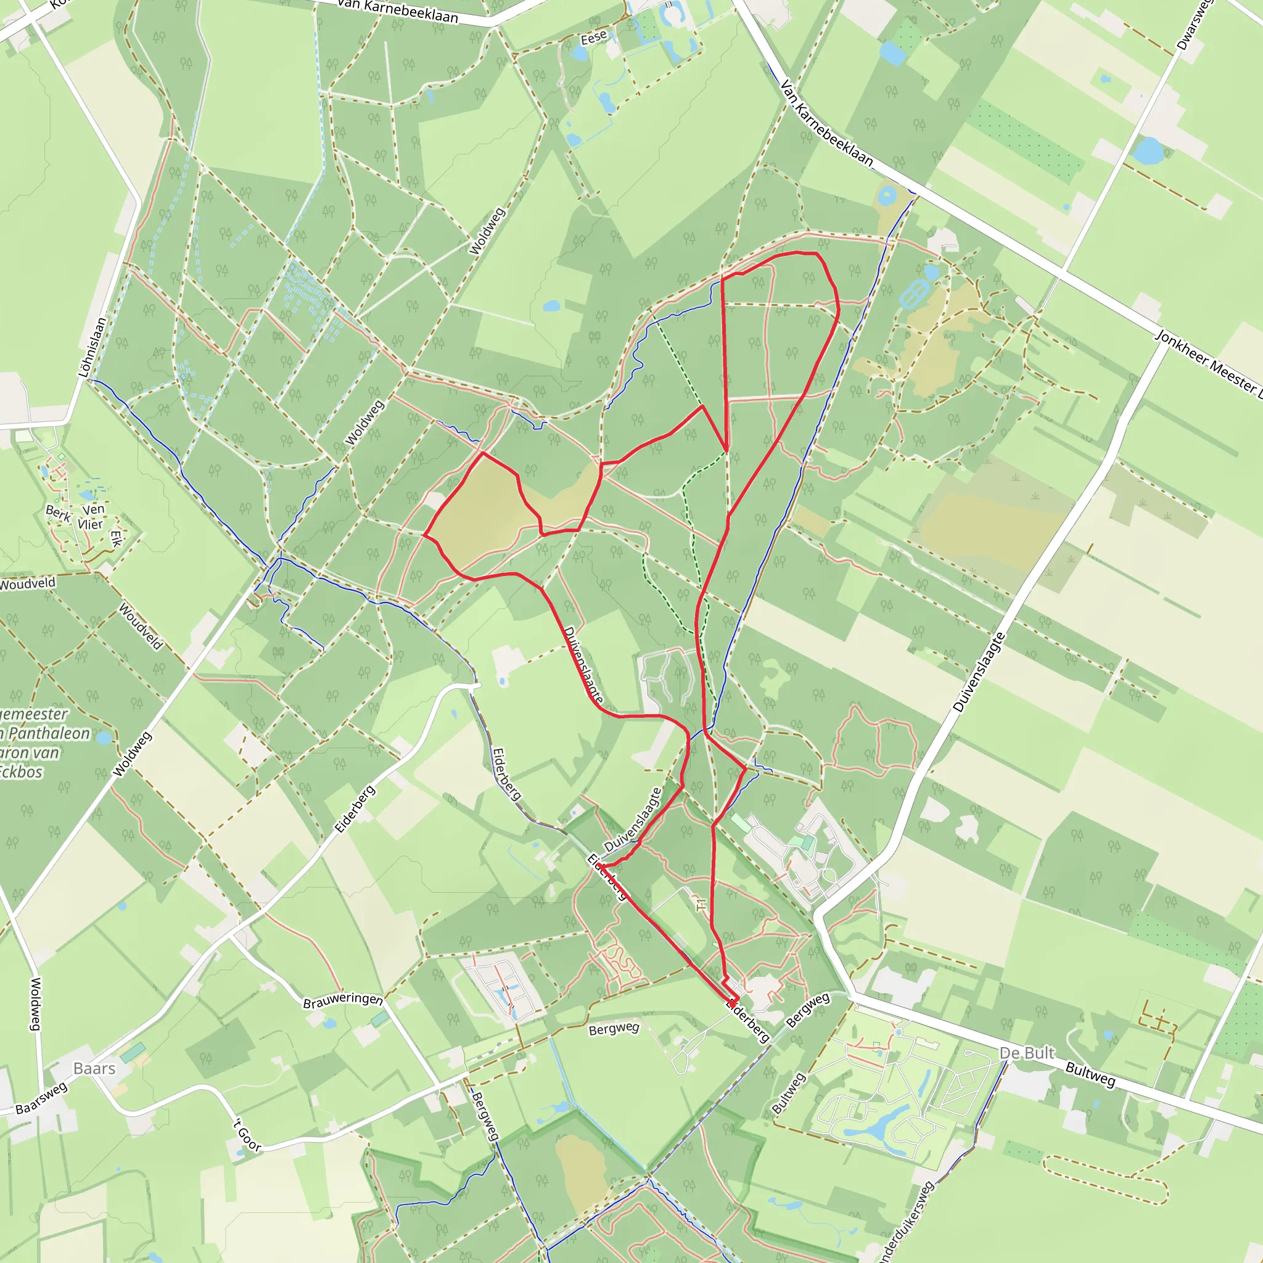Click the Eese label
594,38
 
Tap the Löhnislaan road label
92,347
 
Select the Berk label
58,513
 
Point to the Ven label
94,509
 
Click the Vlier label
90,524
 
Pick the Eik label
117,538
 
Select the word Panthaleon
49,733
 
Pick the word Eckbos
22,772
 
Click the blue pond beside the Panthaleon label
103,738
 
